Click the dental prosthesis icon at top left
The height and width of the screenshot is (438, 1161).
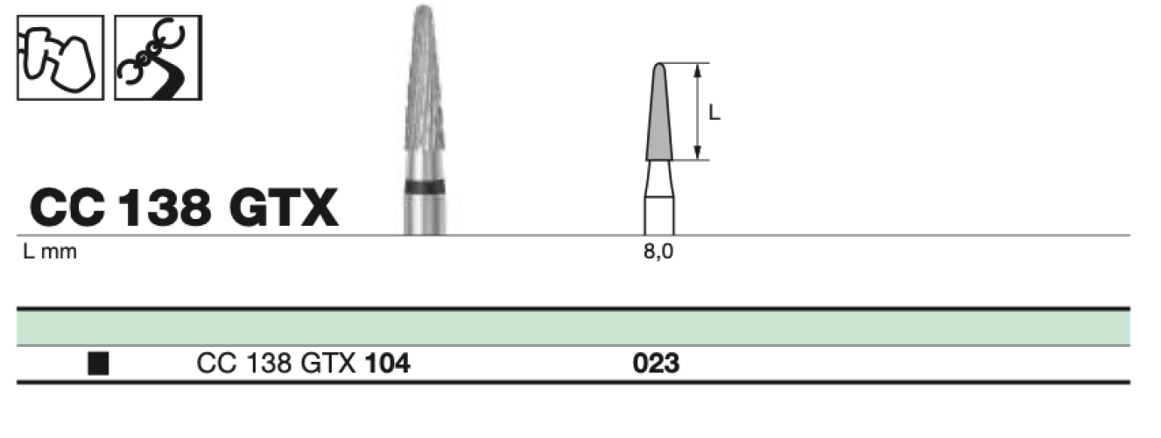coord(60,58)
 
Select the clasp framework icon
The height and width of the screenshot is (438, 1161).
coord(158,58)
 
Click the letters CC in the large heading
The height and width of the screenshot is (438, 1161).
coord(67,208)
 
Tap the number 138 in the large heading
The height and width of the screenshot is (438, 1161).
coord(165,208)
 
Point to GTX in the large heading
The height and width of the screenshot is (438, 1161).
coord(284,208)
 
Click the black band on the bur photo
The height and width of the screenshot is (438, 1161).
coord(425,187)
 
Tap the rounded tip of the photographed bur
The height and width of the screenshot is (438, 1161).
coord(425,10)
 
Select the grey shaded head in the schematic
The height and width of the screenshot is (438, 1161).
coord(659,111)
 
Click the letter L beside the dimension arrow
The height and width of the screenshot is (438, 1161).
coord(714,112)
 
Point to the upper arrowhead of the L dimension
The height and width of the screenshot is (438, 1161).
coord(698,70)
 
